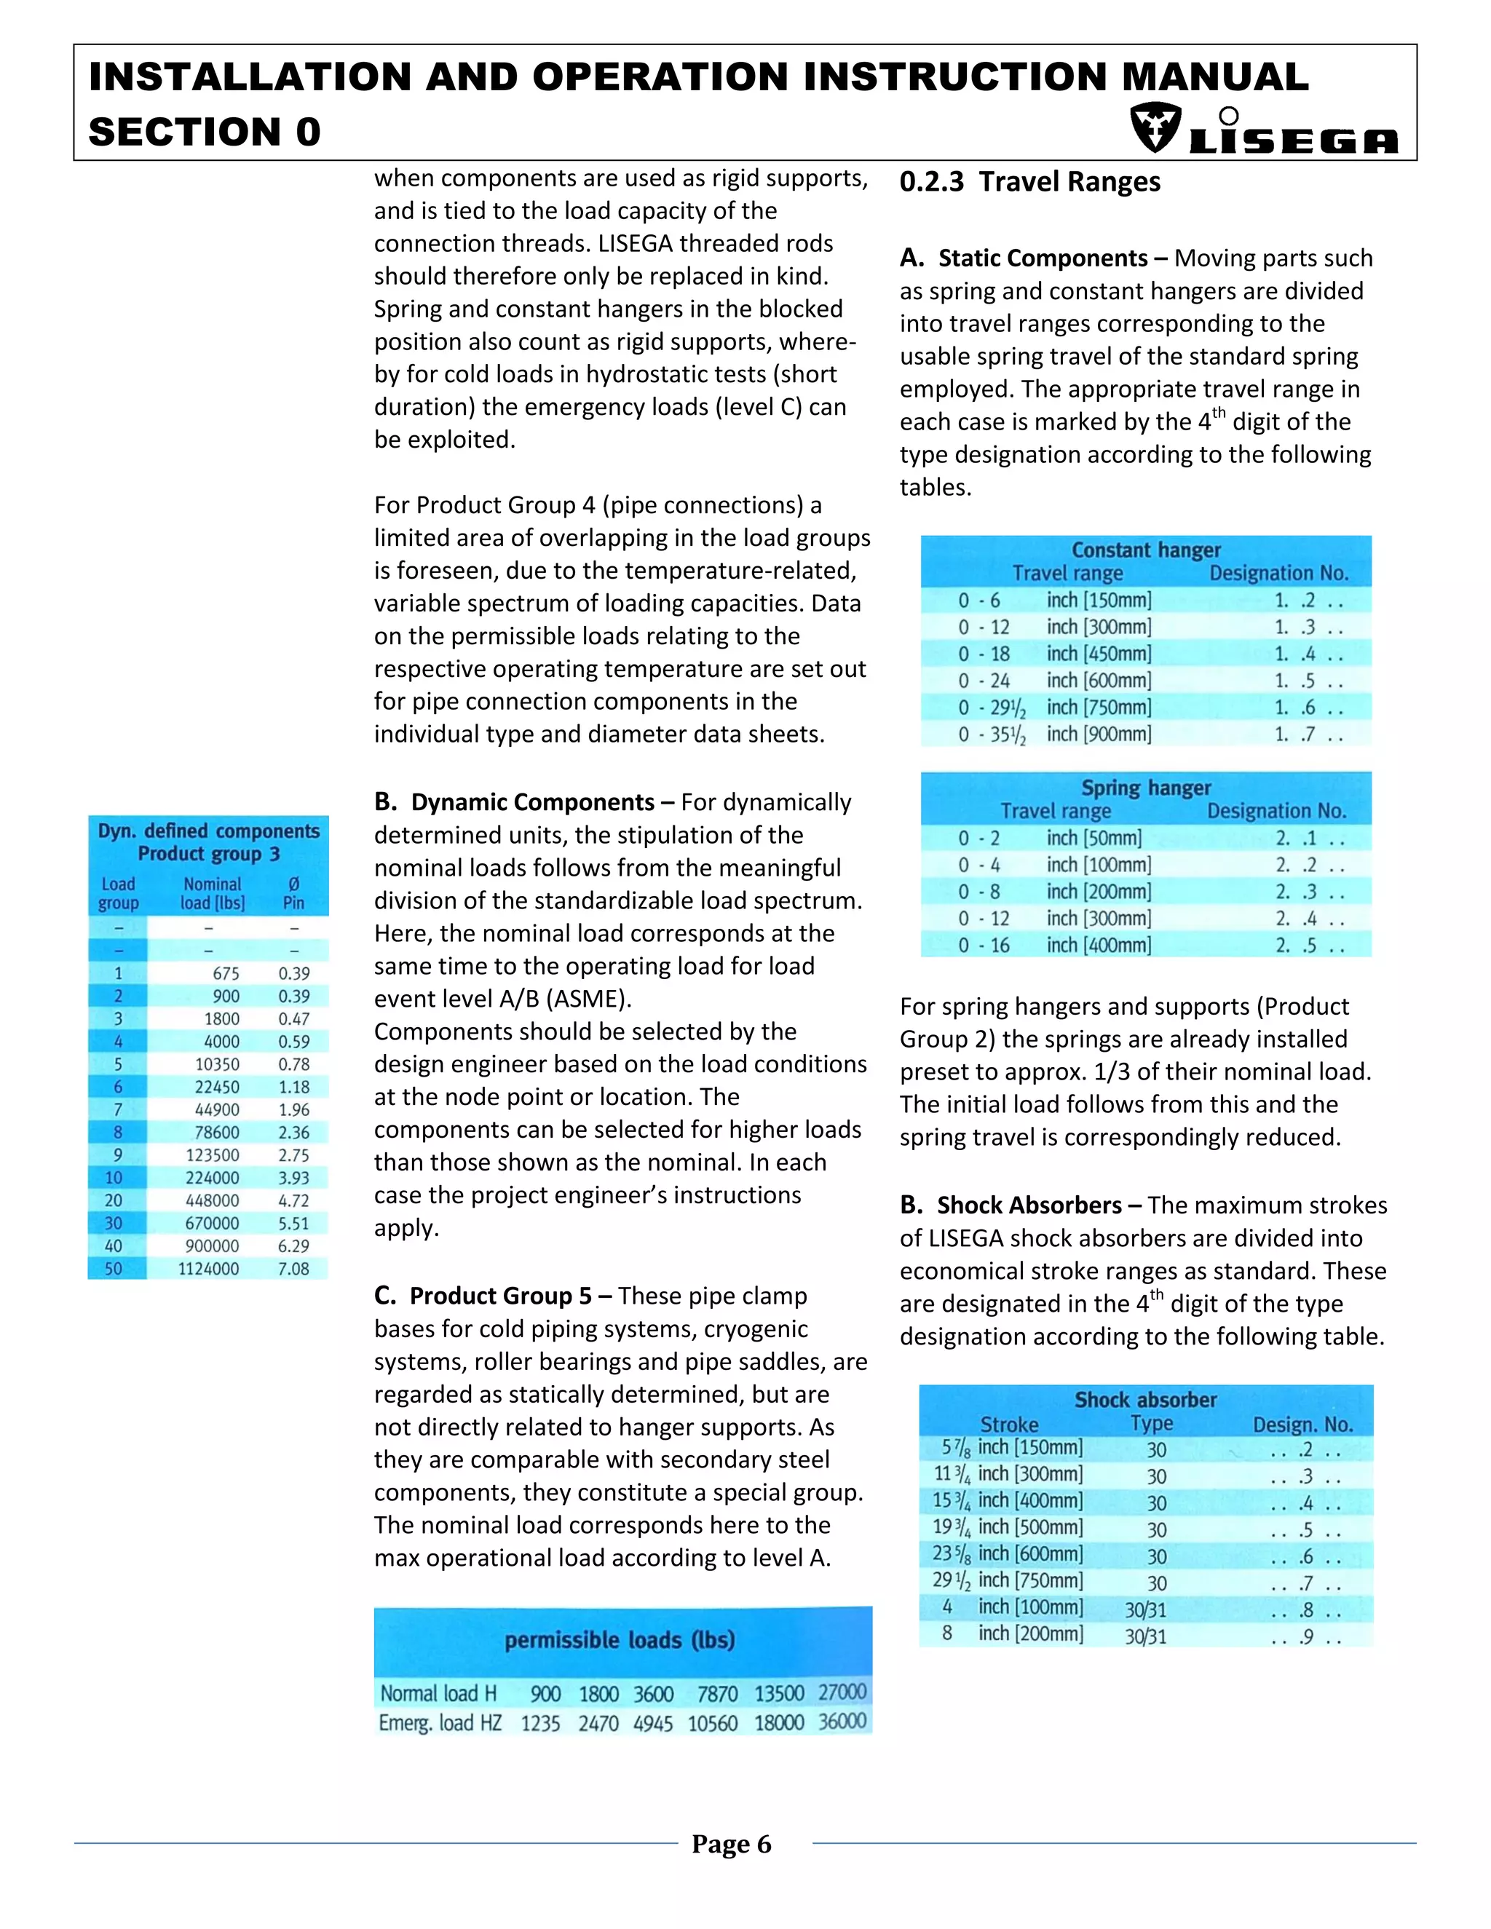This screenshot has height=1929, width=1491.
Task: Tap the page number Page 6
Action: [x=732, y=1845]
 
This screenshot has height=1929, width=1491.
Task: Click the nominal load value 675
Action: [x=225, y=973]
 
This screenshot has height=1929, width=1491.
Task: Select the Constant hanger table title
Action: [x=1146, y=550]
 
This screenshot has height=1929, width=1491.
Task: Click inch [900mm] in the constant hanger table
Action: [x=1099, y=734]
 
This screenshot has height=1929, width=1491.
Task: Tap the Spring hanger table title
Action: [x=1146, y=788]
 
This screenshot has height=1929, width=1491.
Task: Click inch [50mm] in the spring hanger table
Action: [x=1093, y=838]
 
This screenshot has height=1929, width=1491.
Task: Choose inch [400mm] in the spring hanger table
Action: [x=1099, y=945]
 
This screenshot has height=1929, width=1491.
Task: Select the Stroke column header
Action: [x=1009, y=1425]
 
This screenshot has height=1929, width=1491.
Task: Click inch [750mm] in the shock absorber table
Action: [x=1030, y=1580]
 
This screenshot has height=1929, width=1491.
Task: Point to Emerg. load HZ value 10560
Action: [x=712, y=1723]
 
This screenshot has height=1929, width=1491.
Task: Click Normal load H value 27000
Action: [x=842, y=1692]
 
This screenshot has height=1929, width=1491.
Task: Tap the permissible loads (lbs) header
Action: [x=620, y=1640]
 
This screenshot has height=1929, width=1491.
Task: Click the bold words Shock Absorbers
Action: [x=1029, y=1205]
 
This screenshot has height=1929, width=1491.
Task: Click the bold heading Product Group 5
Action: [x=500, y=1296]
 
